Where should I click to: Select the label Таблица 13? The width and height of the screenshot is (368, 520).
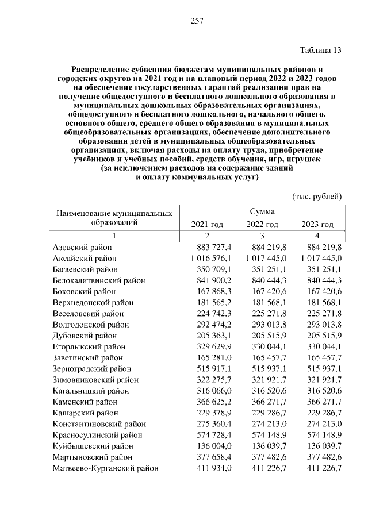(321, 50)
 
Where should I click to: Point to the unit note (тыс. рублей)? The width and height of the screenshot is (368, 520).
(317, 196)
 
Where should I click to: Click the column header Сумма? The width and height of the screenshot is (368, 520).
(262, 211)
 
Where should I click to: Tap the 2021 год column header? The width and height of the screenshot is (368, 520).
(206, 224)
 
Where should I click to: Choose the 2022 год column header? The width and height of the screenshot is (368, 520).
(262, 224)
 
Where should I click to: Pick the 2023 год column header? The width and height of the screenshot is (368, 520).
(317, 224)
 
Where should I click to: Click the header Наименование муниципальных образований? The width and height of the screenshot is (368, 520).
(114, 218)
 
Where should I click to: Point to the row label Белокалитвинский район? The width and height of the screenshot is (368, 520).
(98, 280)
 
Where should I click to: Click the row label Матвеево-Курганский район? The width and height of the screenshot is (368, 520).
(105, 468)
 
